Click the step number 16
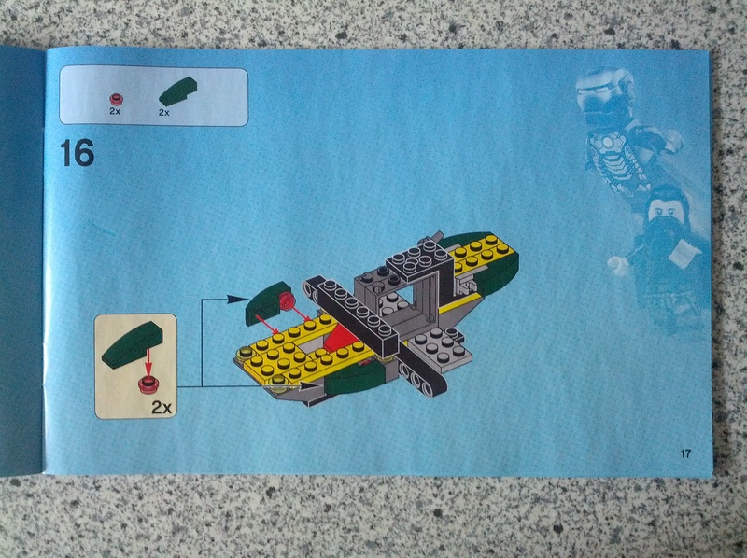[x=78, y=153]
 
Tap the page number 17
[x=685, y=453]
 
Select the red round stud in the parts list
[x=116, y=99]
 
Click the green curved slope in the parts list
[x=177, y=91]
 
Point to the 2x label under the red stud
[x=115, y=111]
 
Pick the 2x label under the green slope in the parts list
[x=164, y=112]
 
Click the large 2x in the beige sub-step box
[x=162, y=407]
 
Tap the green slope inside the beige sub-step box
[x=132, y=344]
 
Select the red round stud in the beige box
[x=148, y=384]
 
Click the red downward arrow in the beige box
[x=148, y=362]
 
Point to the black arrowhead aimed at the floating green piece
[x=235, y=299]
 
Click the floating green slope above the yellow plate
[x=268, y=302]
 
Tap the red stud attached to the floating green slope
[x=287, y=300]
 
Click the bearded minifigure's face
[x=665, y=210]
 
